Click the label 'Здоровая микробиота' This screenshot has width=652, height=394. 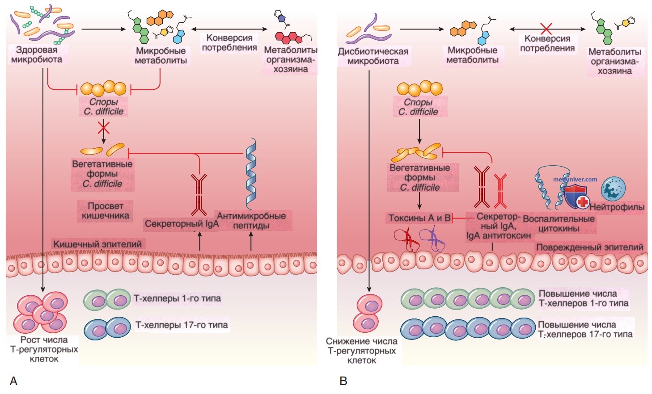pos(37,54)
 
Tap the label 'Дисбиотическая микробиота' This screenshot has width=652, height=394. pos(373,56)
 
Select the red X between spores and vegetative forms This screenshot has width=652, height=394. pos(104,128)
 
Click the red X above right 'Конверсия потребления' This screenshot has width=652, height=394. pos(546,29)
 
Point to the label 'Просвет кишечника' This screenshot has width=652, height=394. pos(105,211)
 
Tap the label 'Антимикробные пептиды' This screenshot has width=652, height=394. pos(251,221)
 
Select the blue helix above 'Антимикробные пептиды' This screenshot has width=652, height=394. pos(251,173)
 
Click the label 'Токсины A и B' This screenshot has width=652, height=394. pos(419,218)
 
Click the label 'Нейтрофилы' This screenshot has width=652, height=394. pos(617,207)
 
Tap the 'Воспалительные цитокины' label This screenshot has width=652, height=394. pos(559,224)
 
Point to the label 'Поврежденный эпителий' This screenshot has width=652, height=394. pos(590,247)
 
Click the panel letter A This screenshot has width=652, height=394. pos(13,381)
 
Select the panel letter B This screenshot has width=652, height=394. pos(343,381)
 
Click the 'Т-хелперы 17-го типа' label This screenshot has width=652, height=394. pos(182,325)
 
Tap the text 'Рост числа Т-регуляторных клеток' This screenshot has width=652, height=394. pos(44,349)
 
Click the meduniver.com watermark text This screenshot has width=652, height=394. pos(575,180)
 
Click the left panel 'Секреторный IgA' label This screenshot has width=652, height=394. pos(182,224)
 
